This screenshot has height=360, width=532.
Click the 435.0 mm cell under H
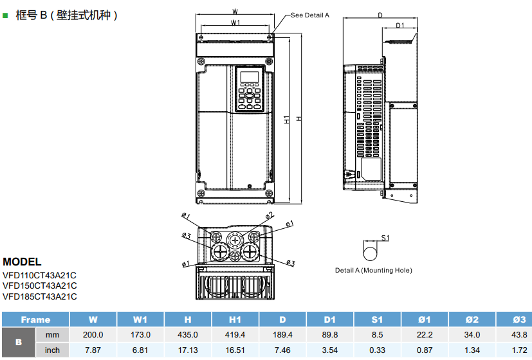[187, 335]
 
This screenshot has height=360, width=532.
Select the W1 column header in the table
[140, 319]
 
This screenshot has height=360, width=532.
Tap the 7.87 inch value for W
[93, 350]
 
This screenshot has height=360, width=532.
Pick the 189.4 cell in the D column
[282, 335]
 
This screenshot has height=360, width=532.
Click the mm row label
[52, 335]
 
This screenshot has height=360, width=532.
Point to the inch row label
[52, 350]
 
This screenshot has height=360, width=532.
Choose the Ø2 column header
[472, 319]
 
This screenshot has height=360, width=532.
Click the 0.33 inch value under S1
[377, 350]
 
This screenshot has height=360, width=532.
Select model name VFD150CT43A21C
[40, 285]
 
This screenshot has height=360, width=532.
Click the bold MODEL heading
[22, 262]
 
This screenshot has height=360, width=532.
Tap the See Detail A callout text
[310, 15]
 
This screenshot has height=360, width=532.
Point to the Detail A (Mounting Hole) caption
[374, 270]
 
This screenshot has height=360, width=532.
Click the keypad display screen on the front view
[249, 78]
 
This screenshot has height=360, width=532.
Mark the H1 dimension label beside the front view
[286, 120]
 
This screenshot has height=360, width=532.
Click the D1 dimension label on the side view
[399, 26]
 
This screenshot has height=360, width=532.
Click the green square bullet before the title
[5, 14]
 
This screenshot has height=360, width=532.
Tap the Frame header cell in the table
[35, 319]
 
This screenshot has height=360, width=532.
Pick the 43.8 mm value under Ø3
[518, 335]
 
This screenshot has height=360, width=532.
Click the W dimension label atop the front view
[235, 11]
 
